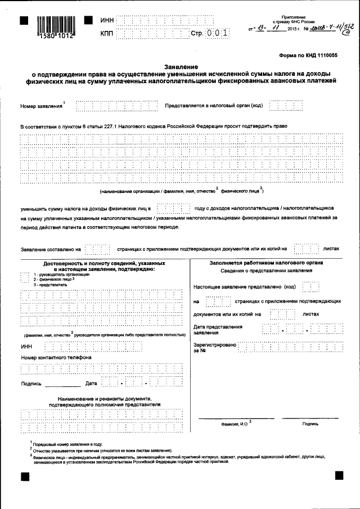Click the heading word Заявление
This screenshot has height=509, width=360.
[179, 66]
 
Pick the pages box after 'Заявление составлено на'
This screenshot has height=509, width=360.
[98, 248]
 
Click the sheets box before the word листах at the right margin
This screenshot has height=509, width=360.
[307, 248]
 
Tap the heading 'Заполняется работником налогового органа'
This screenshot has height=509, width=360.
[266, 263]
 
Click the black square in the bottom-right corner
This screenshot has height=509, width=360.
[339, 476]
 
